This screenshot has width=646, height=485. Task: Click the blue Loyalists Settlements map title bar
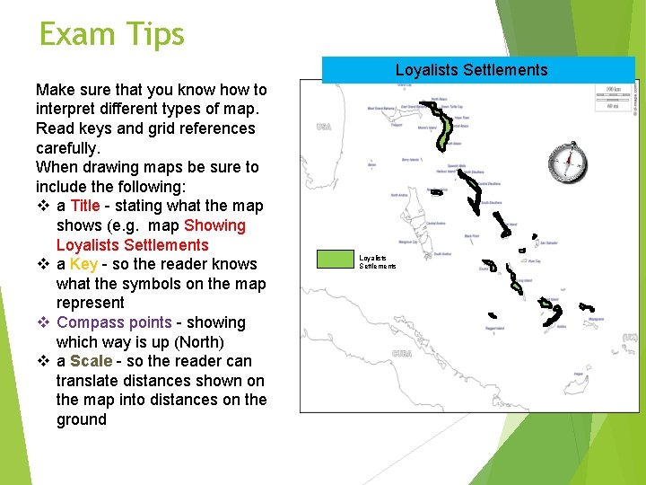tap(471, 70)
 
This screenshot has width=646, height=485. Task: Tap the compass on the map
tap(569, 162)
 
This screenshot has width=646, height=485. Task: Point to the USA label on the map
tap(324, 128)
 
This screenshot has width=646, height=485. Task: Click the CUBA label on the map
tap(402, 354)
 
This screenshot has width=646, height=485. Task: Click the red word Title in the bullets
tap(85, 206)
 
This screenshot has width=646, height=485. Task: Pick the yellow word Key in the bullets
tap(83, 264)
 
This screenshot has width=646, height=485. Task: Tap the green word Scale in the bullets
tap(92, 361)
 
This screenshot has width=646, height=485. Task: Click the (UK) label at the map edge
tap(630, 339)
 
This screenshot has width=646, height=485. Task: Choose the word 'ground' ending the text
tap(82, 419)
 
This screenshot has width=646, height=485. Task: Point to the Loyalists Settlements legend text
tap(377, 261)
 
